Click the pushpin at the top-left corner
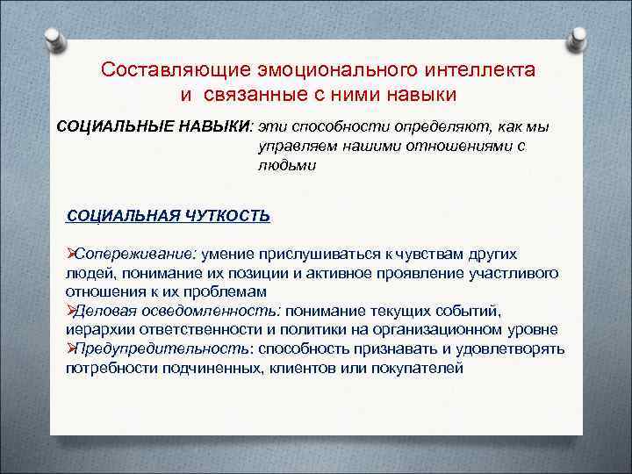54,39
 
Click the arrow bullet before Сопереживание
71,255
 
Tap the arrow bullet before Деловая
71,311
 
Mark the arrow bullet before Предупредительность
71,348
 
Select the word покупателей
419,367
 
